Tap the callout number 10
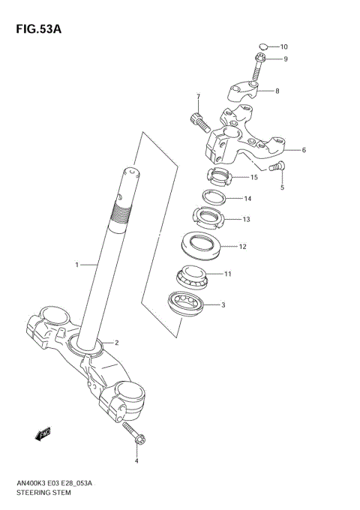[x=283, y=46]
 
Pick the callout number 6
[x=304, y=150]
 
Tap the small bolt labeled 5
[x=279, y=166]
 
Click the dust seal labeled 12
[x=199, y=245]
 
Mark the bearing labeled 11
[x=193, y=275]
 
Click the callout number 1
[x=76, y=264]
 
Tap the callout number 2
[x=116, y=343]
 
